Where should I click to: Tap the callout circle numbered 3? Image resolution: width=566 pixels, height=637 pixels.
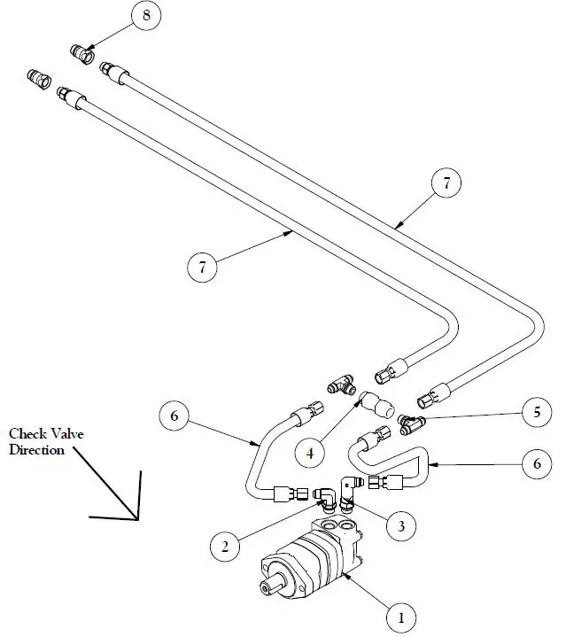[x=401, y=526]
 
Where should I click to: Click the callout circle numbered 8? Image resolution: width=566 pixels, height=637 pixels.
[x=147, y=15]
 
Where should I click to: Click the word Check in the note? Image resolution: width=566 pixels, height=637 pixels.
[x=27, y=434]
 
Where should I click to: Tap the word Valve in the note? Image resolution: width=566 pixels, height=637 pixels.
[x=66, y=434]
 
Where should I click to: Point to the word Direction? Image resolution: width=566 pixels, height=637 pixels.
[x=37, y=450]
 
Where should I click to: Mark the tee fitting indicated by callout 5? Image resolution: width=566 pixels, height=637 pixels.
[x=410, y=424]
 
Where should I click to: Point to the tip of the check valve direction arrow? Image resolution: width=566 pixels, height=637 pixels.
[x=137, y=520]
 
